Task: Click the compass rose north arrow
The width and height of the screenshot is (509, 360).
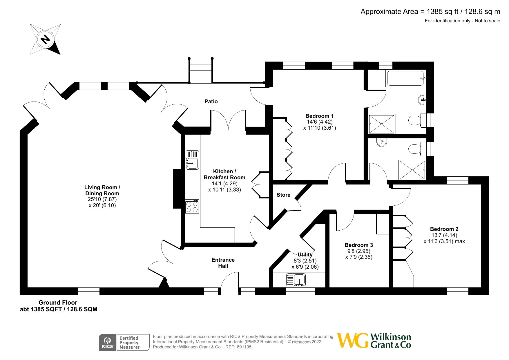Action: pos(45,39)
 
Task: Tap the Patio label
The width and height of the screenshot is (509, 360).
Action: pos(211,101)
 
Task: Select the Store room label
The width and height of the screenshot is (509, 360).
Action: pos(283,195)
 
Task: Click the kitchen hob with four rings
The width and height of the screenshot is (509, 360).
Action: pos(192,206)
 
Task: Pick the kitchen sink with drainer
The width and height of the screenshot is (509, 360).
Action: pos(192,160)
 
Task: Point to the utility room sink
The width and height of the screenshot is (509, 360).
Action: pos(296,280)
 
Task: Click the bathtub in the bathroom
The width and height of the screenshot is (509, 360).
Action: pos(406,78)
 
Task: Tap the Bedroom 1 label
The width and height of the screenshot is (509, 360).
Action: pos(319,116)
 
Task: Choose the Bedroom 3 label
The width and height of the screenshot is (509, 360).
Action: pos(359,245)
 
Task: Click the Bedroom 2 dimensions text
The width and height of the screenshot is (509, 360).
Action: pos(444,238)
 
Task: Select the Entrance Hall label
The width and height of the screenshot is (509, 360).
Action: pos(223,263)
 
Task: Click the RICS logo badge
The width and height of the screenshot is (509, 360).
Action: pos(108,343)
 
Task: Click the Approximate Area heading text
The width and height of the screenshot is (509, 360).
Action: pos(430,12)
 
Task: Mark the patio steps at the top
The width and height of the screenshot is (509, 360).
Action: pos(201,71)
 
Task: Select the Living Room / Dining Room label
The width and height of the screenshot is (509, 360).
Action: pos(102,190)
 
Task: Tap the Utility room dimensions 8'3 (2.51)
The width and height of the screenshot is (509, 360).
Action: pos(305,261)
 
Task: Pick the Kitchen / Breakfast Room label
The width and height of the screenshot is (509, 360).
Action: pos(224,174)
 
